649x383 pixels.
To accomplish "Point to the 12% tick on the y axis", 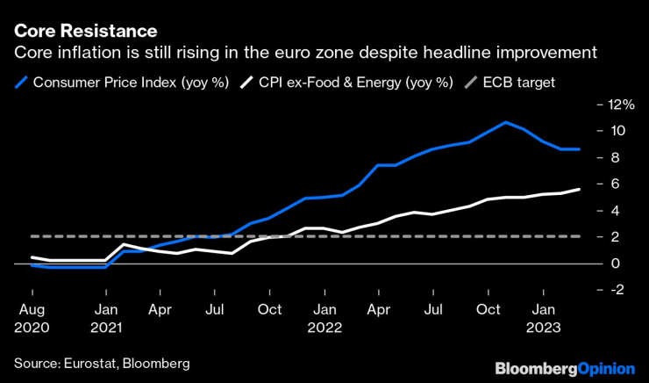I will [614, 105].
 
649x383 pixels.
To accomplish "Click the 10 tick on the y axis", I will [612, 131].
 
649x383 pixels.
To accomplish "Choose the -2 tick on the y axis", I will [613, 290].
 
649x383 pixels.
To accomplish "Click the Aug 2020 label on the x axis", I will [33, 317].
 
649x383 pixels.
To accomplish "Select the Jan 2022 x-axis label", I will [325, 317].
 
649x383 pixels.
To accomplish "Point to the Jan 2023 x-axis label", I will [544, 317].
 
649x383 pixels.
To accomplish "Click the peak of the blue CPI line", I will [506, 122].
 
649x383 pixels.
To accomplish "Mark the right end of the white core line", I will [579, 190].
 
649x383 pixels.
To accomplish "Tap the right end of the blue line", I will [579, 149].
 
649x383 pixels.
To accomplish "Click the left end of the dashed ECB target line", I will [32, 236].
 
